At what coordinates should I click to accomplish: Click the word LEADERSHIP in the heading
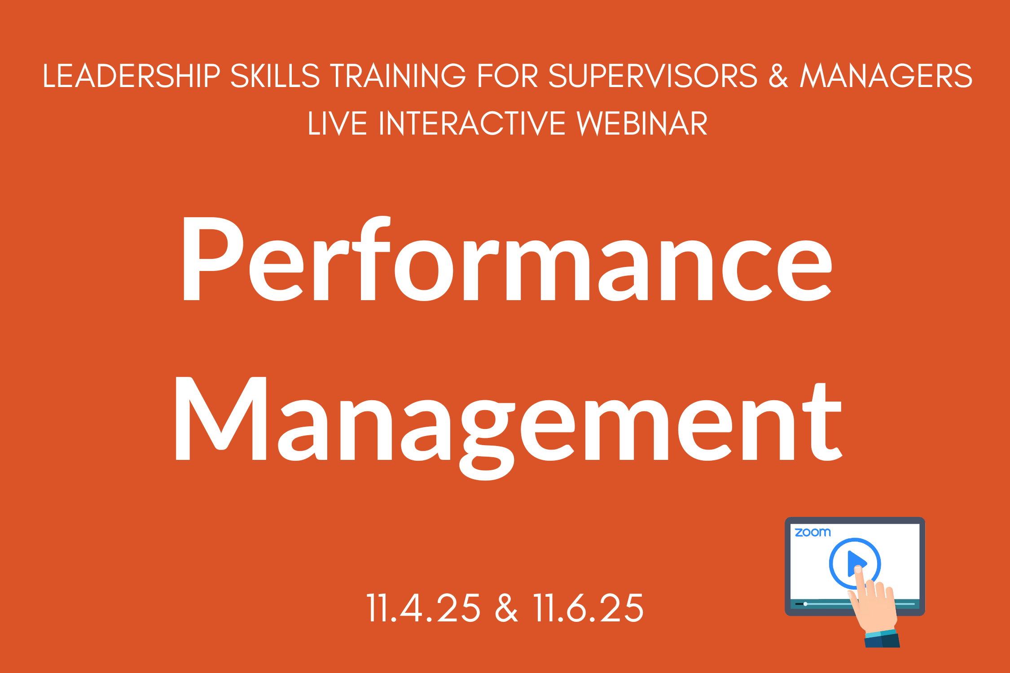tap(132, 75)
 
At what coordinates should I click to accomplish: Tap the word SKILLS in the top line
tap(275, 75)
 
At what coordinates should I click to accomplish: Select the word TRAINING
tap(398, 75)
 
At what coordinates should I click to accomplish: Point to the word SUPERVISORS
tap(653, 75)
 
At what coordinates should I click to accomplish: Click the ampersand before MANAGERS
tap(778, 75)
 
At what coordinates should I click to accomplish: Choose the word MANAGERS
tap(886, 75)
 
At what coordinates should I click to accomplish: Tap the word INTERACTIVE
tap(472, 123)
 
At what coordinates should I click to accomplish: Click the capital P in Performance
tap(213, 259)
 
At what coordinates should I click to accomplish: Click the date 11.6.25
tap(588, 608)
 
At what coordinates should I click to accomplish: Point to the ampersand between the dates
tap(506, 608)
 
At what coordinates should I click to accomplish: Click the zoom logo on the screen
tap(812, 533)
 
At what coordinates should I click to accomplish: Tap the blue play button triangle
tap(856, 564)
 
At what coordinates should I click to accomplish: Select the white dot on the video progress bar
tap(805, 604)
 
